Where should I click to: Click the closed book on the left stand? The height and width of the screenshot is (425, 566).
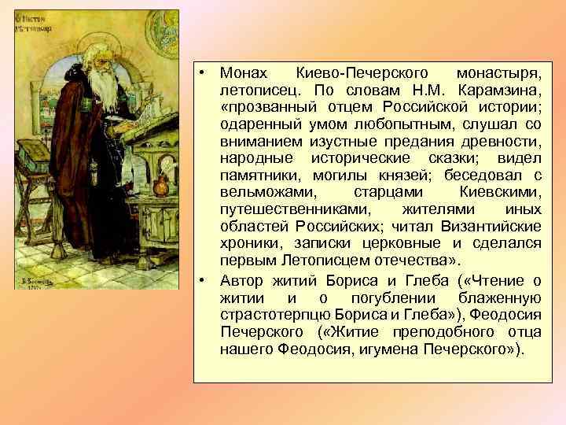tap(35, 168)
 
